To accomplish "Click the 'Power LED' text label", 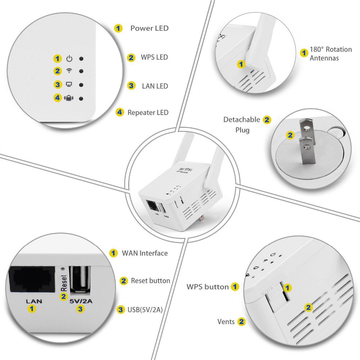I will tap(149, 28).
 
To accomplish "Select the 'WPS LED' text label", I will tap(154, 57).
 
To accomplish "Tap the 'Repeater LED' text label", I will tap(148, 112).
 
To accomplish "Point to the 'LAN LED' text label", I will tap(155, 86).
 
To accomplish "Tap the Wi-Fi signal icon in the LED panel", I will tap(69, 71).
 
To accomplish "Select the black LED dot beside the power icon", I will tap(82, 59).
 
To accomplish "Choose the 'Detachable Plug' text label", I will tap(241, 125).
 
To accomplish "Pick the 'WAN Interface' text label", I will tap(145, 253).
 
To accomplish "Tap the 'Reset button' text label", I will tap(150, 281).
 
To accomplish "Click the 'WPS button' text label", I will tap(207, 287).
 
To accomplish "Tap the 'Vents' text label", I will tap(226, 321).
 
